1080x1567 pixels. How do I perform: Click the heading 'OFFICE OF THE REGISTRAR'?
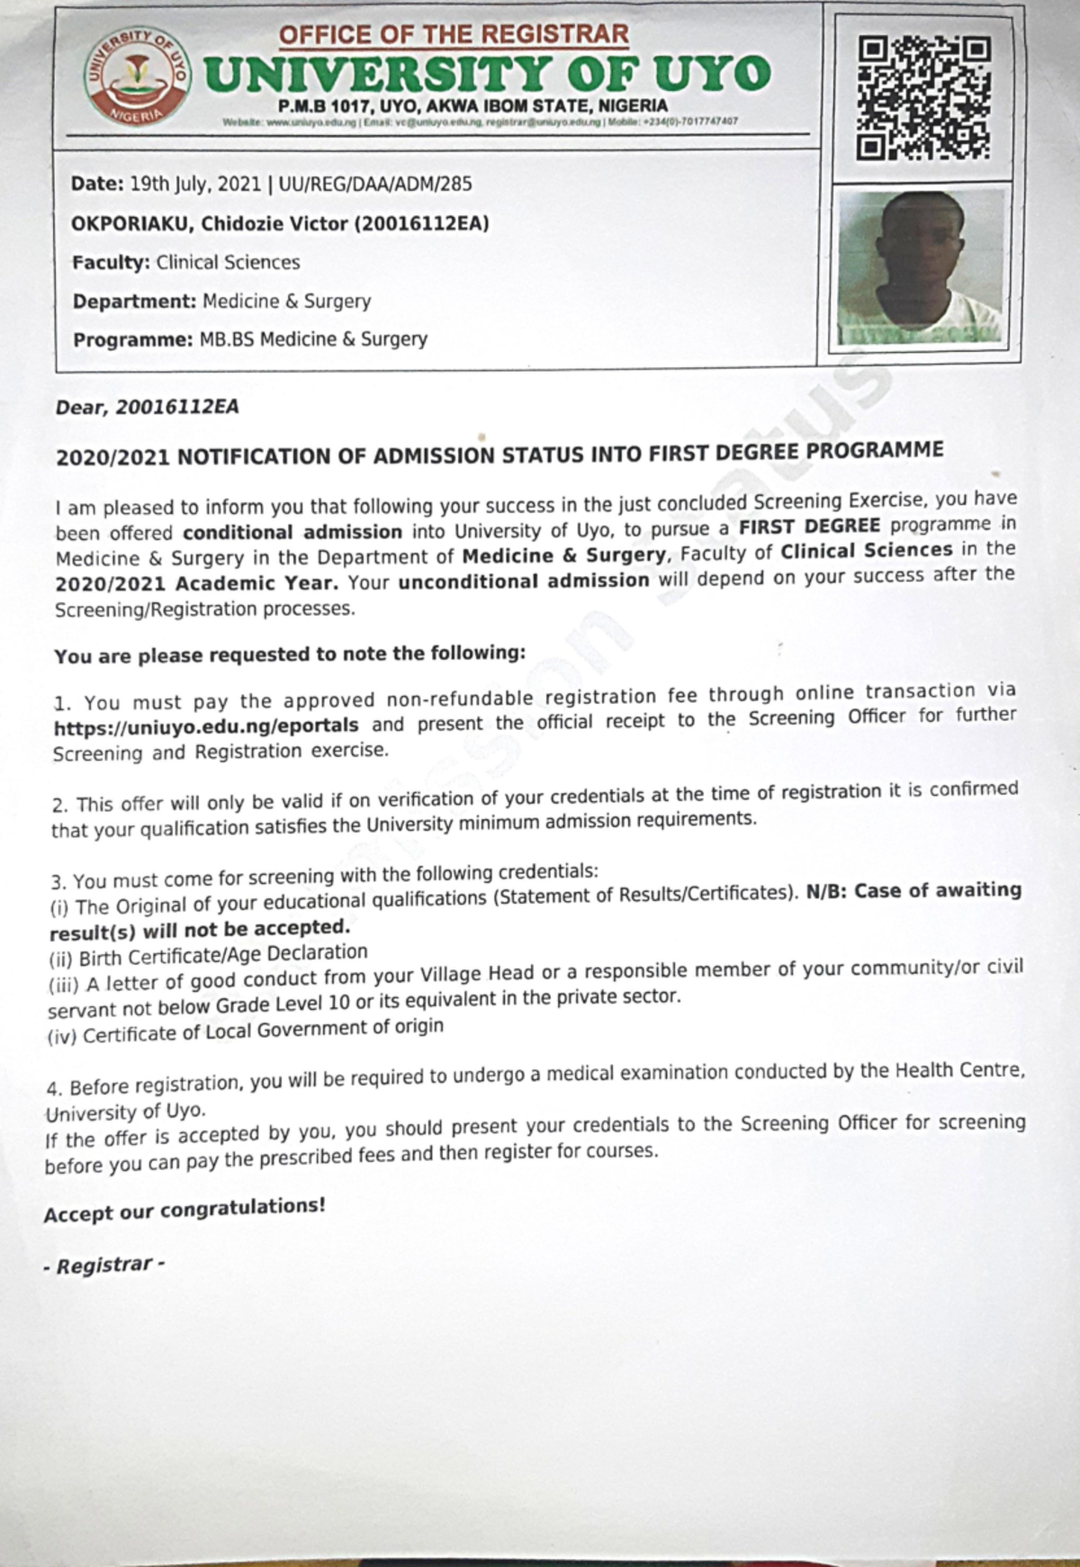(x=454, y=34)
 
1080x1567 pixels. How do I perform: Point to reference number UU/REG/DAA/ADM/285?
(x=375, y=185)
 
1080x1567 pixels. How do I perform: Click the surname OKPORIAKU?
(x=131, y=224)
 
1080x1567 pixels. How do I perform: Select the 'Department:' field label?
(x=134, y=302)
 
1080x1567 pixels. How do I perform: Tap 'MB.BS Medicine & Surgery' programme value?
(x=313, y=340)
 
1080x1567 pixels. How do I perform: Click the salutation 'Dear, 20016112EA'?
(x=148, y=407)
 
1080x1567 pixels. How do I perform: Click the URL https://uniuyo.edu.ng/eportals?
(x=206, y=725)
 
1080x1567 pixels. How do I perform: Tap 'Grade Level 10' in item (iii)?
(x=271, y=1004)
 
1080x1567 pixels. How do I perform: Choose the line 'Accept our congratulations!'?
(x=184, y=1211)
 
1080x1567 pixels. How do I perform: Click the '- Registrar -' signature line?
(x=104, y=1265)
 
